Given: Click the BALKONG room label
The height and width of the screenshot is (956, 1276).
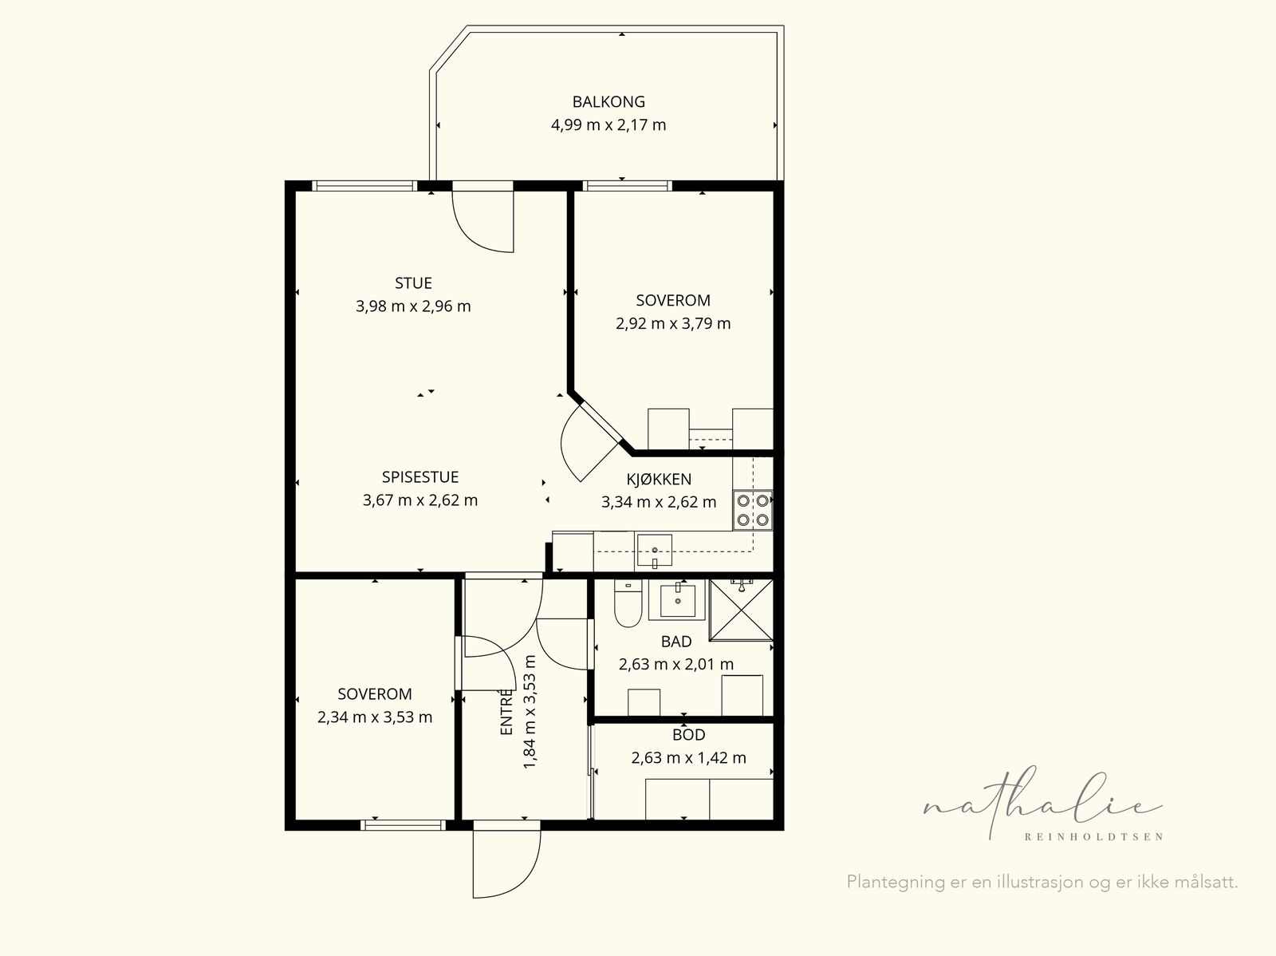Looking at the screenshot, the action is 608,102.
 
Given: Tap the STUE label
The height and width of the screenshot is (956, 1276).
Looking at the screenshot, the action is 413,283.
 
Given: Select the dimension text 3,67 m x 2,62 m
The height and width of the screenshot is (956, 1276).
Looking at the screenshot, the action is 420,500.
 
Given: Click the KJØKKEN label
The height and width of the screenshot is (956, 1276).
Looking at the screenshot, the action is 659,479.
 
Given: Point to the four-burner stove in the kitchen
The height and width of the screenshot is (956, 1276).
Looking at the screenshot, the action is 753,510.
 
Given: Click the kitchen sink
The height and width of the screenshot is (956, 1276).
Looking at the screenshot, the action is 655,550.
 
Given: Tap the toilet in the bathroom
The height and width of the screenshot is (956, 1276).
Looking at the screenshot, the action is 628,603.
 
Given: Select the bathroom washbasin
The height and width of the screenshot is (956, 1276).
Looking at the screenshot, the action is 677,599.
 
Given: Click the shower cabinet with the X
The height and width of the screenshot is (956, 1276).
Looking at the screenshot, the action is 741,610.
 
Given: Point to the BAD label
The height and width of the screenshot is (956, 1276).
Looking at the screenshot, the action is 676,642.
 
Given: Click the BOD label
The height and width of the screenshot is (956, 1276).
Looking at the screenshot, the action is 689,734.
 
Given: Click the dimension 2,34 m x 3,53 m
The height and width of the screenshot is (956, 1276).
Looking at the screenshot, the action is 375,717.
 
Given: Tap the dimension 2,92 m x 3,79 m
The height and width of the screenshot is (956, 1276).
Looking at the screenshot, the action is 673,323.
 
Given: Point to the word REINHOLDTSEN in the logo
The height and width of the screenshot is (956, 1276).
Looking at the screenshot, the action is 1093,837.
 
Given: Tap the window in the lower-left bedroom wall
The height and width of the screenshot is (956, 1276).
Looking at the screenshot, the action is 403,824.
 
